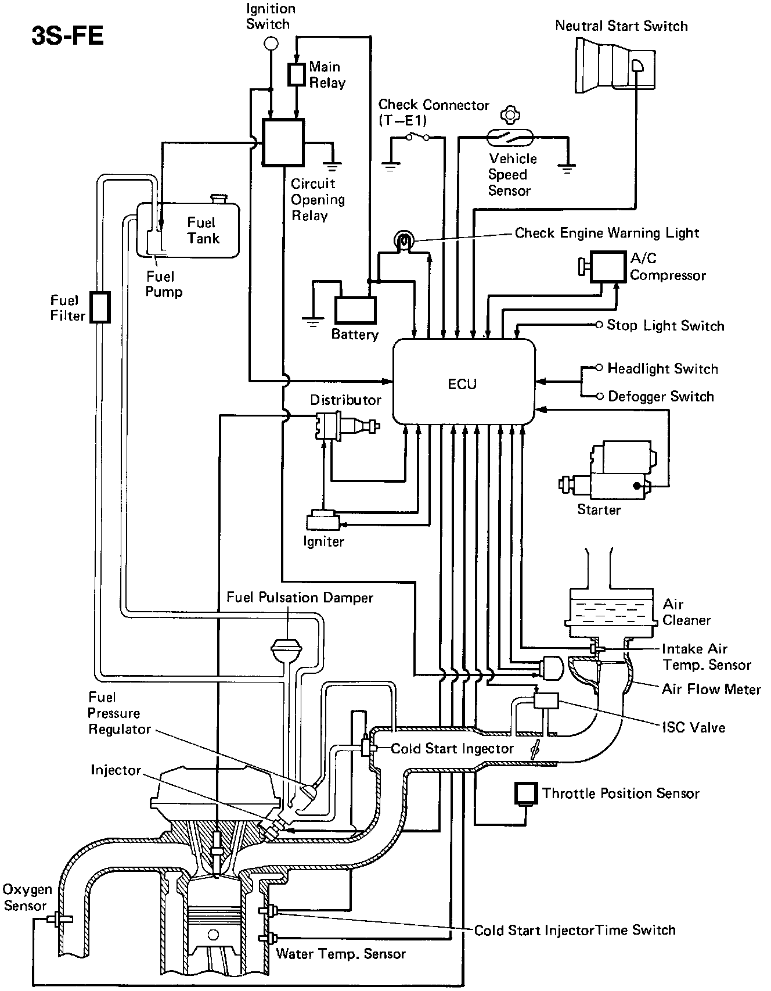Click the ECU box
click(x=463, y=382)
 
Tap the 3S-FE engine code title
click(x=67, y=37)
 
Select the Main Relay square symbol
click(x=297, y=74)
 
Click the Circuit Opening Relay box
click(x=283, y=142)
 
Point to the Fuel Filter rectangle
click(x=100, y=307)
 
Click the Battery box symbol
click(x=355, y=310)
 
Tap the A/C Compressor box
click(x=604, y=267)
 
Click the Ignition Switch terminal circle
click(x=271, y=43)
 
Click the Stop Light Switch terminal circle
click(x=599, y=325)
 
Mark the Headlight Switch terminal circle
click(x=600, y=368)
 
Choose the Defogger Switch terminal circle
click(x=600, y=396)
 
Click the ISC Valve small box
click(x=546, y=701)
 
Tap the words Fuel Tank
click(x=202, y=230)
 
